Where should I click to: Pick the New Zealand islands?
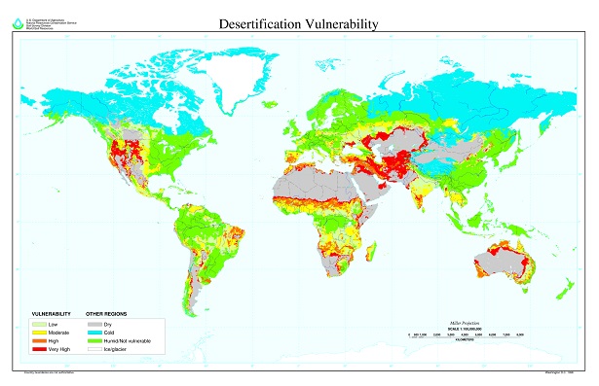(x=562, y=291)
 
